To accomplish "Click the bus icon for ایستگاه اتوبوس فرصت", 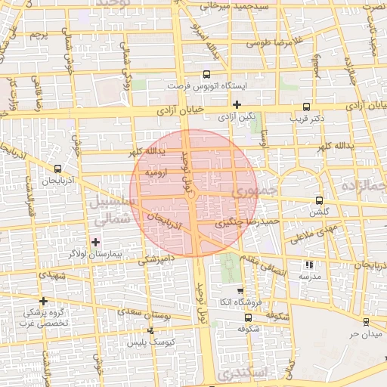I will (206, 75).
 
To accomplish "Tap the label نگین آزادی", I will (237, 117).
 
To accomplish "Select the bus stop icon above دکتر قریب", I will (306, 107).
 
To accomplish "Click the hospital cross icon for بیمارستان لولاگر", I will (95, 242).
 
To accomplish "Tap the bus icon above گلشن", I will (318, 200).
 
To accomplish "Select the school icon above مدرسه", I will (308, 265).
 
